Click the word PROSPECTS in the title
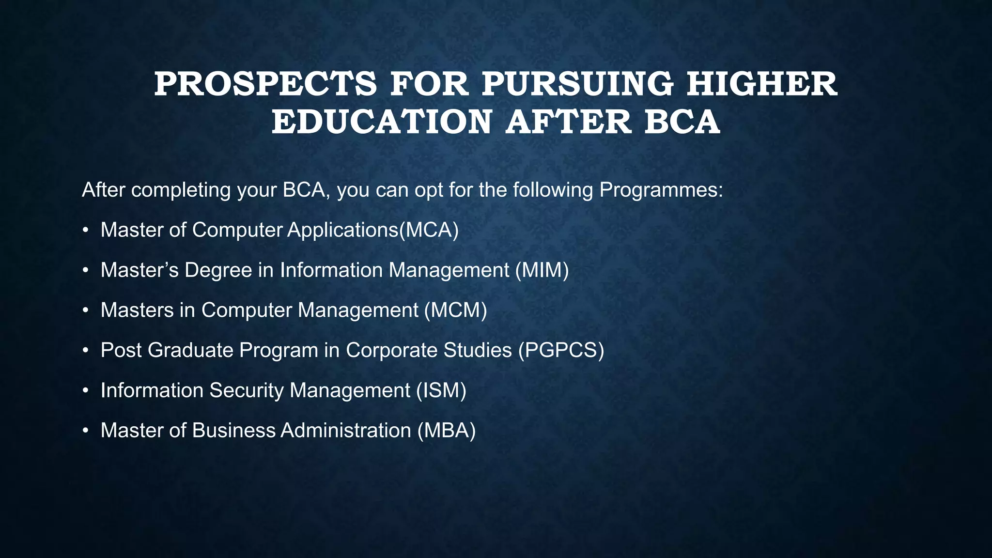point(265,84)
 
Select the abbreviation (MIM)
point(542,270)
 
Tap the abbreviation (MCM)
point(456,310)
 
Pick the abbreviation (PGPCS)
point(561,350)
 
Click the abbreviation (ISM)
point(441,390)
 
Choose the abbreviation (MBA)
point(447,431)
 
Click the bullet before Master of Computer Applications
point(85,231)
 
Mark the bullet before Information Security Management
point(85,391)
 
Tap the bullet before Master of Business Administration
point(85,432)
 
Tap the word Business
point(233,431)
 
